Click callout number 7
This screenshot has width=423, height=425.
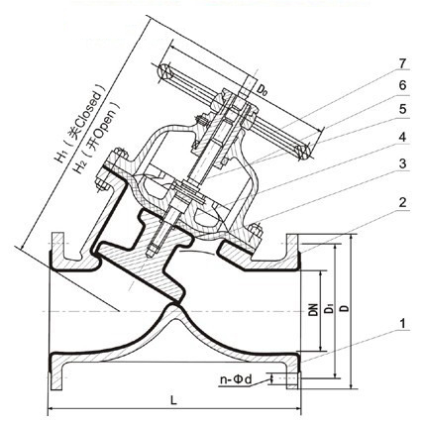[x=402, y=63]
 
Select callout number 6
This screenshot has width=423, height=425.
[x=402, y=85]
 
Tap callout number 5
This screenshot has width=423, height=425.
[x=402, y=109]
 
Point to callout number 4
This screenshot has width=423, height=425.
[x=402, y=137]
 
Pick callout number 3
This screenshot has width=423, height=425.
[x=402, y=164]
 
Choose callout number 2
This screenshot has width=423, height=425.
[x=402, y=203]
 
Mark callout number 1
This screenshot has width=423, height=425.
[x=402, y=324]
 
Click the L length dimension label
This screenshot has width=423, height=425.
[x=174, y=400]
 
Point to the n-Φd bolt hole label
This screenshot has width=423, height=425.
[x=236, y=379]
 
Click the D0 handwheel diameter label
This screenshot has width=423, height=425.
[x=262, y=89]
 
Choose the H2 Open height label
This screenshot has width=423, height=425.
[x=96, y=137]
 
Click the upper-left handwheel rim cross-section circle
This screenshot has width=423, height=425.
[x=164, y=71]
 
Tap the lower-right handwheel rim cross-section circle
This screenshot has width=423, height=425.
[x=303, y=151]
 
